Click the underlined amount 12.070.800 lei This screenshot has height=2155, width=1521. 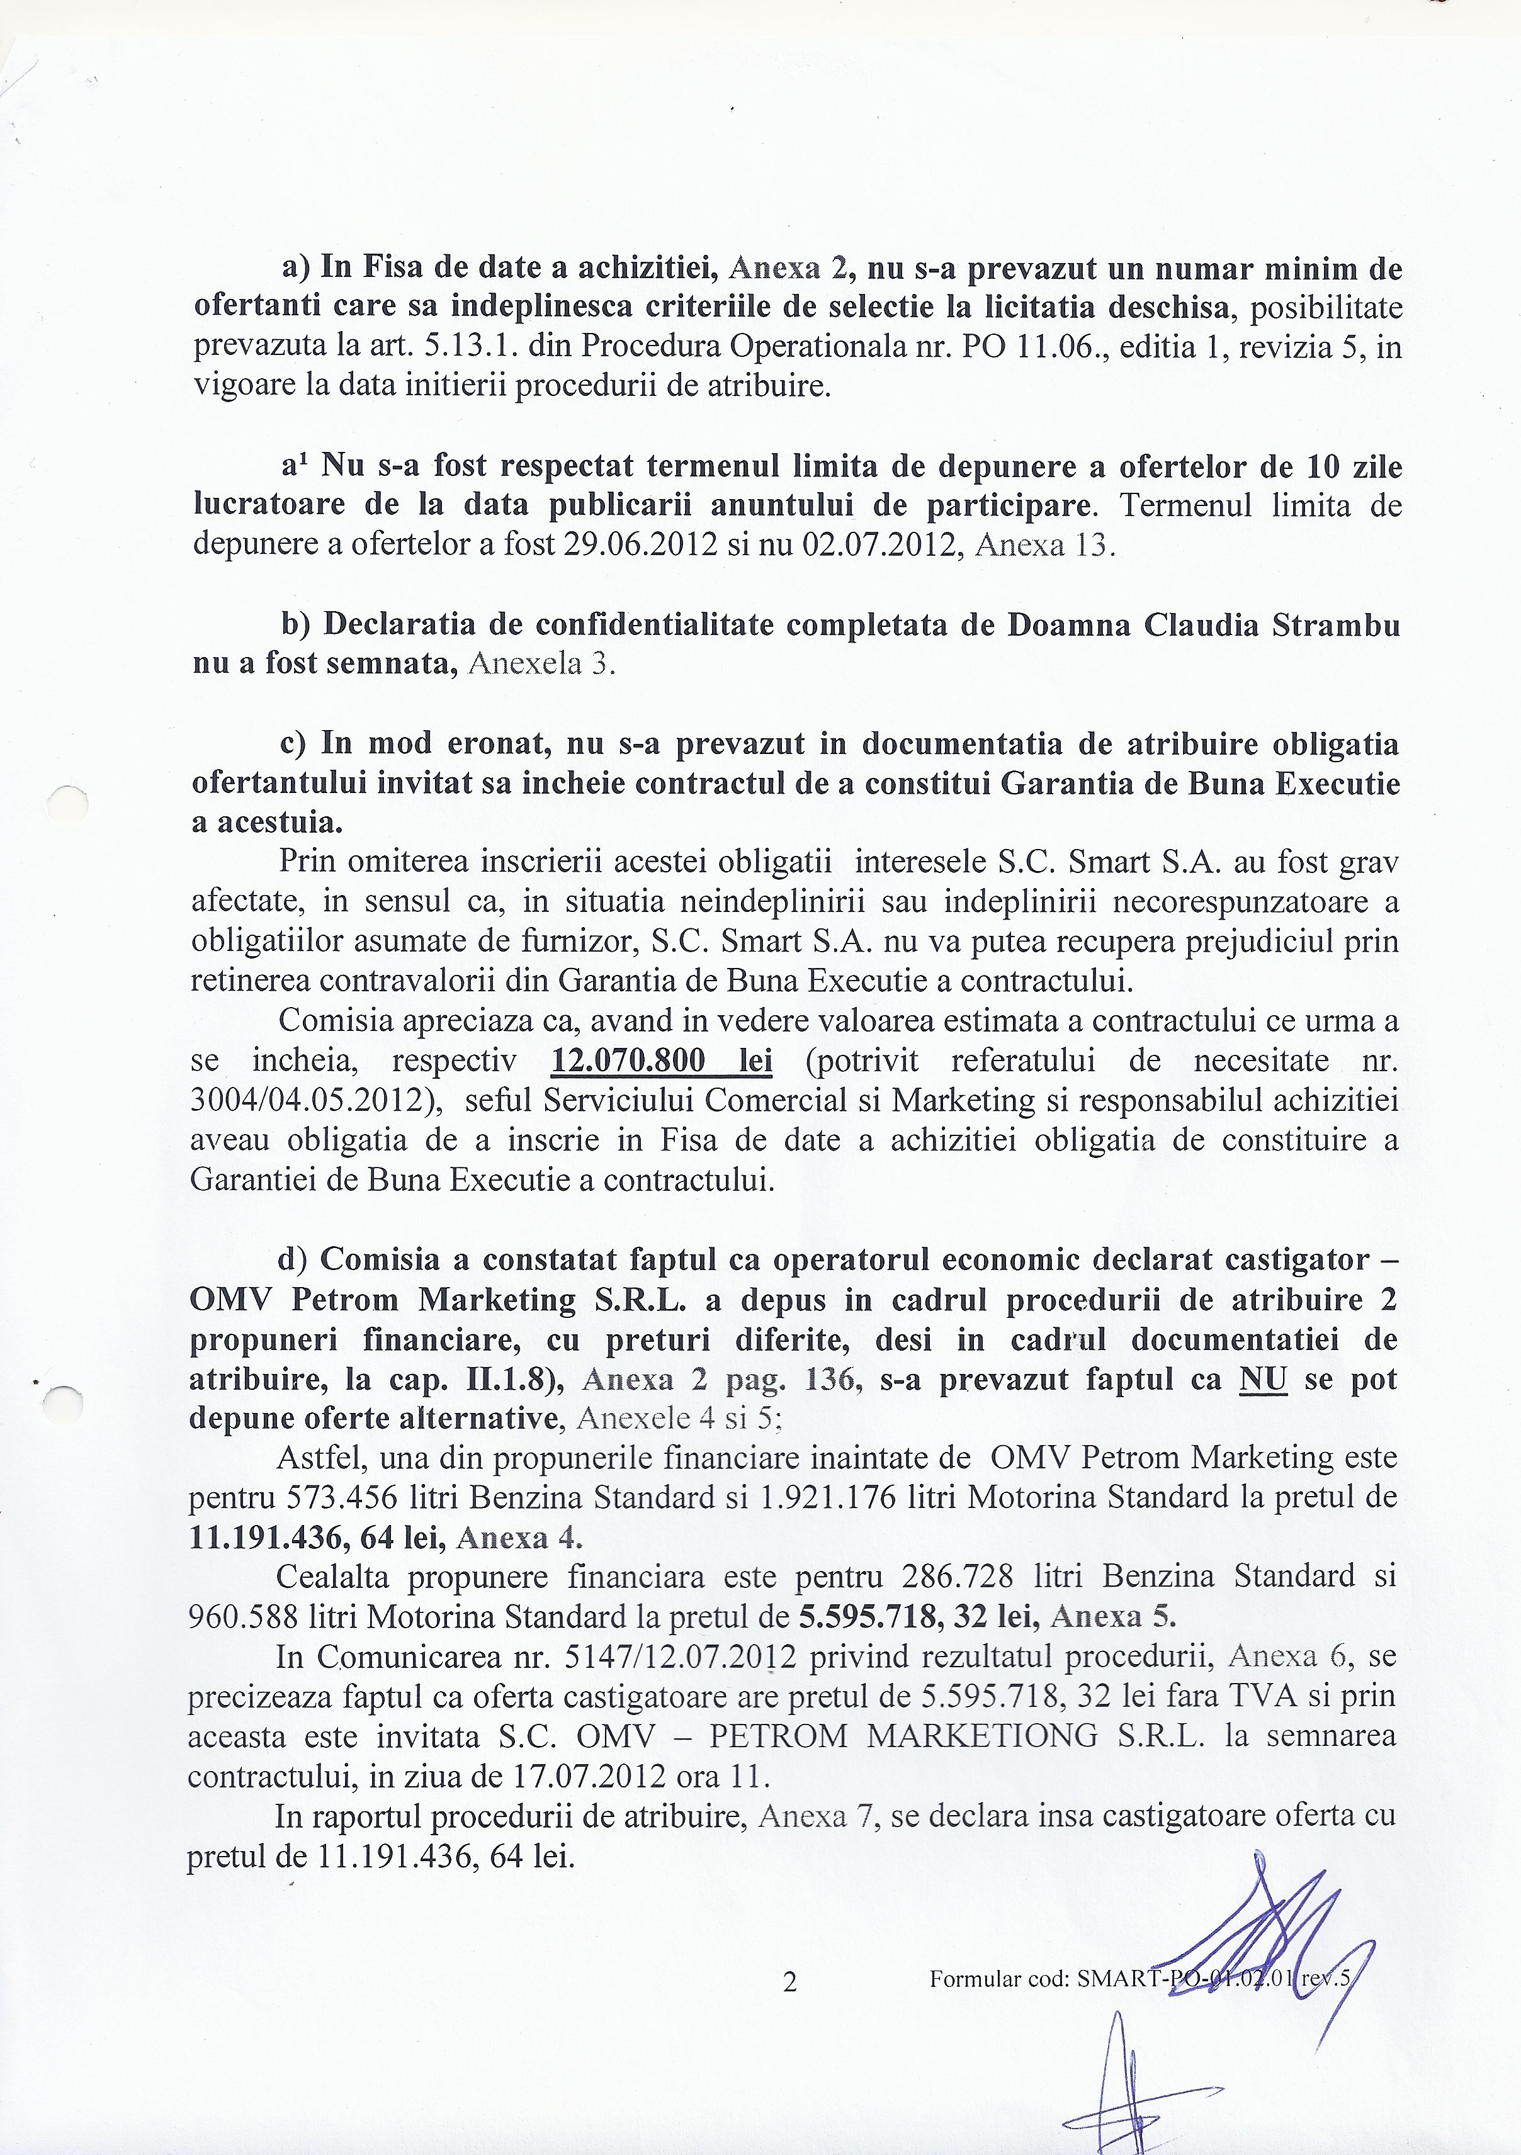click(x=661, y=1061)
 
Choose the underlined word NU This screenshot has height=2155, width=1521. click(x=1263, y=1379)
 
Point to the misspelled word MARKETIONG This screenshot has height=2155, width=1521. click(x=981, y=1735)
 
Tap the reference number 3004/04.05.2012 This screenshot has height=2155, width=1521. click(x=310, y=1100)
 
